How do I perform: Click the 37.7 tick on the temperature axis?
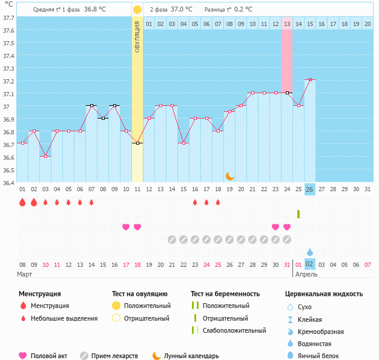coord(9,18)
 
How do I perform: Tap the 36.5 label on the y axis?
coord(9,170)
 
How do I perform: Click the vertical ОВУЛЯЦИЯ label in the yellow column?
coord(137,36)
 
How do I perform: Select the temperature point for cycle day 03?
coord(45,156)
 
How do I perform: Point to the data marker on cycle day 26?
coord(310,79)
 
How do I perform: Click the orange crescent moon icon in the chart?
coord(229,175)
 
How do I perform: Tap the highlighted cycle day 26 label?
coord(310,189)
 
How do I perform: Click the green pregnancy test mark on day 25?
coord(298,214)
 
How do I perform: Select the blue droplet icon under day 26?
coord(310,252)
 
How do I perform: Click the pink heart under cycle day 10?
coord(126,227)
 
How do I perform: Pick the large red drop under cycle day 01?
coord(22,202)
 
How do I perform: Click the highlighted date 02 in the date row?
coord(310,264)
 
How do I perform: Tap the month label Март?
coord(25,274)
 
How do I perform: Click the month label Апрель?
coord(305,274)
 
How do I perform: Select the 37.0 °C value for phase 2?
coord(181,9)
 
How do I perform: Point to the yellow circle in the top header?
coord(137,10)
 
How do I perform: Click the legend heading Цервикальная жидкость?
coord(324,293)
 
